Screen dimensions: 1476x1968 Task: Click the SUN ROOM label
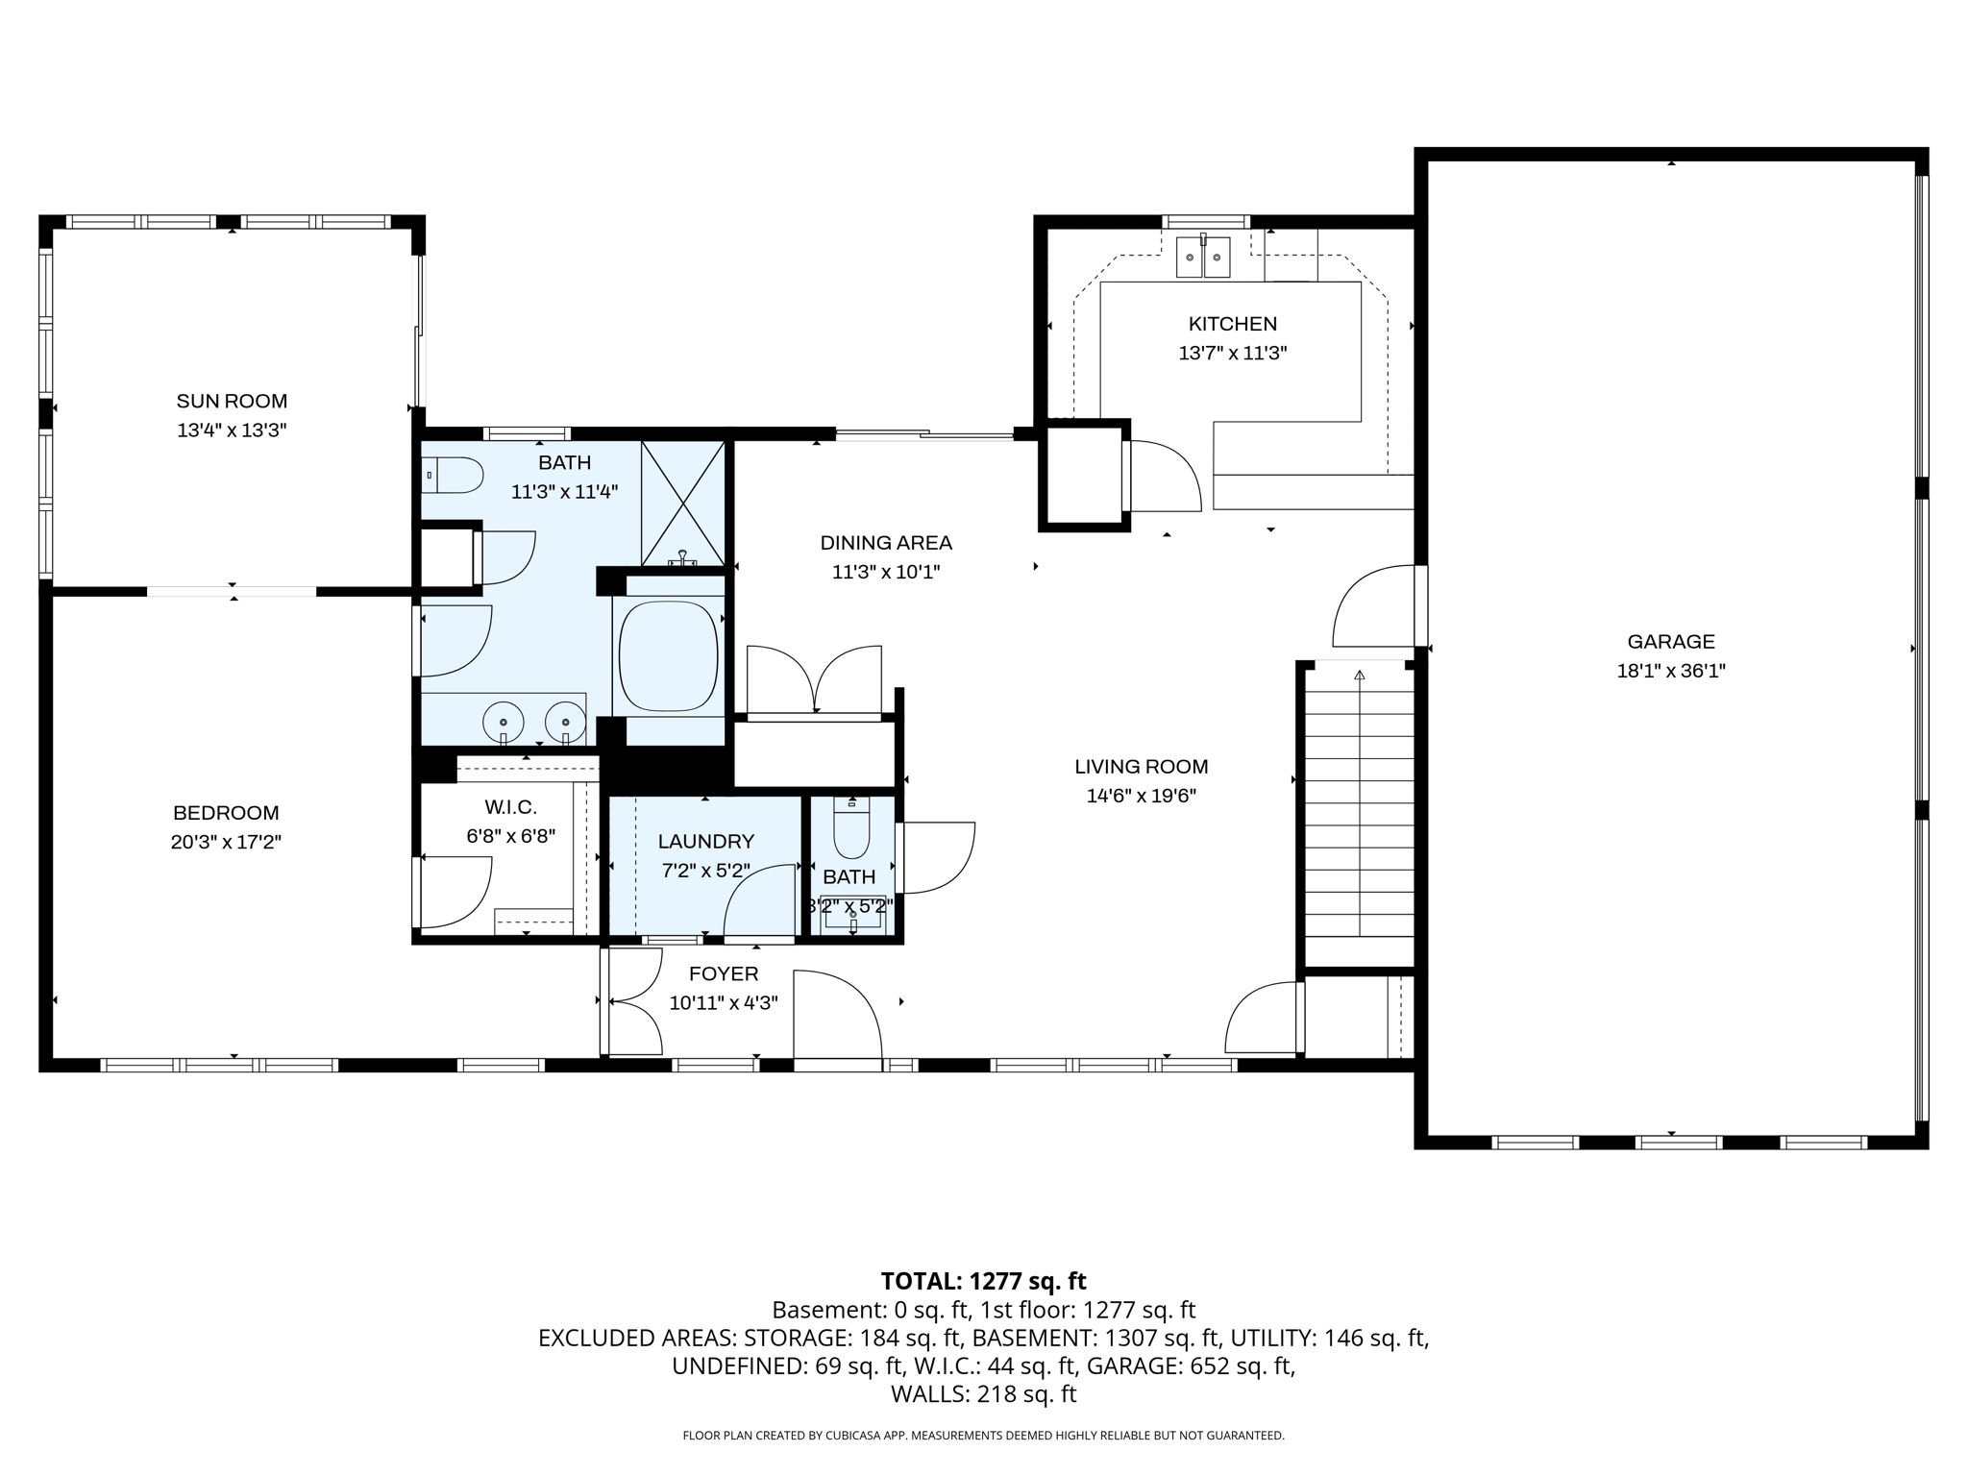point(232,401)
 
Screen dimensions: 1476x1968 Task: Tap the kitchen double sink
point(1203,258)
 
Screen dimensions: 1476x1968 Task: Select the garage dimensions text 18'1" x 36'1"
point(1670,671)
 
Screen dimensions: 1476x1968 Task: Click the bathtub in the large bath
point(669,655)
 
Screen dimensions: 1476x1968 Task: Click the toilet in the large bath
point(454,475)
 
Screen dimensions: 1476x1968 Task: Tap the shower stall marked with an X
point(682,503)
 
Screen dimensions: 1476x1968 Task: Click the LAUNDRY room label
point(705,842)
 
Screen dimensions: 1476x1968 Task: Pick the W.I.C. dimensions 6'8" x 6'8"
point(510,836)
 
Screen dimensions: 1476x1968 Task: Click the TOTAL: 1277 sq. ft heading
point(983,1281)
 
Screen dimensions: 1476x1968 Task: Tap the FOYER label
point(723,973)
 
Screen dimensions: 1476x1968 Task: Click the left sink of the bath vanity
point(503,721)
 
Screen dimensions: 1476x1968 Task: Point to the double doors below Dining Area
point(814,681)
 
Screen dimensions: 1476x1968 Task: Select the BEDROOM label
point(226,813)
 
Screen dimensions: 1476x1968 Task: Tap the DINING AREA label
point(885,543)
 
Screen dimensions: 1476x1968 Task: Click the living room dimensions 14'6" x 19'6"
point(1141,796)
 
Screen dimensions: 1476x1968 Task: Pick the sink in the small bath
point(852,914)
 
